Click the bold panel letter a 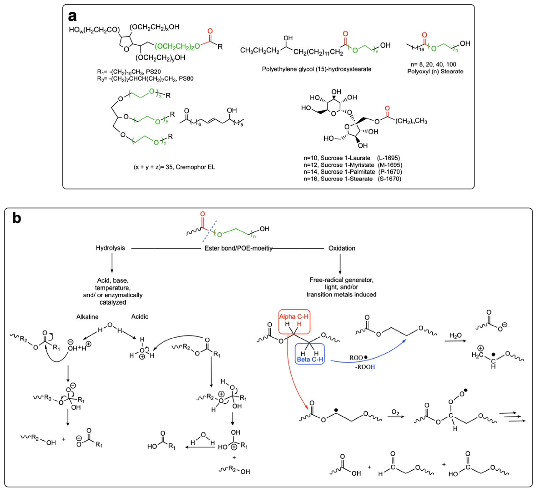[72, 17]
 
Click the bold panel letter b [17, 218]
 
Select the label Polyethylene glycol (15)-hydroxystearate [316, 69]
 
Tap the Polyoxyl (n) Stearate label [435, 71]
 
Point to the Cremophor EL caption [174, 167]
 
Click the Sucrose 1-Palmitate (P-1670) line [352, 172]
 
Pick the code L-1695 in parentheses [388, 158]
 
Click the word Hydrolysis [110, 248]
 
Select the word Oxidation [342, 248]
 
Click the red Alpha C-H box [294, 321]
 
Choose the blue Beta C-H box [310, 354]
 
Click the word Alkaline [87, 317]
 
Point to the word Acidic [140, 316]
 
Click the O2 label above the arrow [395, 412]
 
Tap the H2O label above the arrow [456, 335]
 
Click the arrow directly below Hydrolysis [112, 263]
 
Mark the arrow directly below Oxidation [340, 264]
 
